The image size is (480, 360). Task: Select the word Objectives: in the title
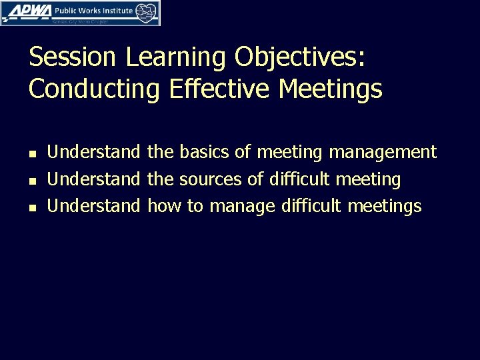pos(301,57)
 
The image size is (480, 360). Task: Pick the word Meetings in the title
pos(333,89)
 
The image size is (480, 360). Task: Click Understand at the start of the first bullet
pos(94,152)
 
